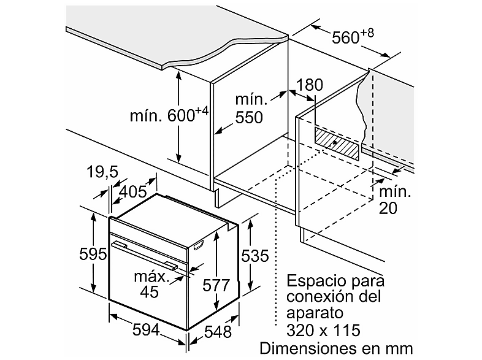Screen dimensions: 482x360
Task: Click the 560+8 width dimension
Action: point(353,36)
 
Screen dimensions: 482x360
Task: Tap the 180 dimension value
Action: point(310,85)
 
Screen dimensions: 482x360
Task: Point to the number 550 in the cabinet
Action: point(249,117)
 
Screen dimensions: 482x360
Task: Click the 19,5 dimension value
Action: point(102,172)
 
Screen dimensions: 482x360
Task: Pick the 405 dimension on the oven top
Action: point(133,192)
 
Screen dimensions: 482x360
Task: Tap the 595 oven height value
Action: point(93,254)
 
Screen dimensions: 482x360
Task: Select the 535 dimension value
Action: point(255,256)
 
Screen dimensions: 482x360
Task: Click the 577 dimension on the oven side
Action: point(216,285)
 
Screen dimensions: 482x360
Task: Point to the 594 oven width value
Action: point(146,330)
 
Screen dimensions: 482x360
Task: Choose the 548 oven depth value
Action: point(218,332)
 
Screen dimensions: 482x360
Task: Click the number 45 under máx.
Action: point(150,291)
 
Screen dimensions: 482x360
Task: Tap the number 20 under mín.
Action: point(388,208)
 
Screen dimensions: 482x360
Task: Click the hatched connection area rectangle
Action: point(336,144)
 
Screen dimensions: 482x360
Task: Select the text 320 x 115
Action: point(323,330)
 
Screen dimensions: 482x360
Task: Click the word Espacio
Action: point(313,281)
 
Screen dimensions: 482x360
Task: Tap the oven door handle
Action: point(145,255)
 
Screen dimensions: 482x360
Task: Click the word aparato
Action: point(315,313)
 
